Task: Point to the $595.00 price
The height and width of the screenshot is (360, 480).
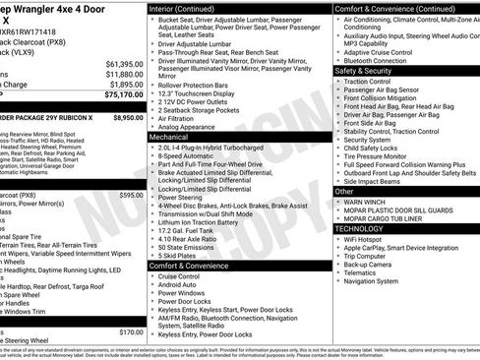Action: tap(131, 196)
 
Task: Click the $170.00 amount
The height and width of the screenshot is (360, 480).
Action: tap(131, 332)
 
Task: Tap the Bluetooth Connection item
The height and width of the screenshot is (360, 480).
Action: tap(383, 60)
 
